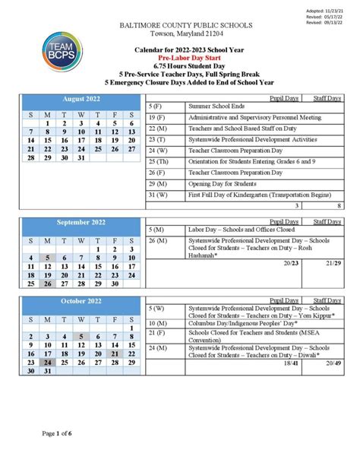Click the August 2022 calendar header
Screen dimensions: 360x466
[x=81, y=100]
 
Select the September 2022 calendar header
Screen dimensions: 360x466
[x=81, y=223]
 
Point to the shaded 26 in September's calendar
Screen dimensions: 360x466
[x=46, y=284]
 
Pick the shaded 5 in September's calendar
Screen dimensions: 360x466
[x=46, y=258]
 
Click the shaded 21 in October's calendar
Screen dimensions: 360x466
[x=115, y=353]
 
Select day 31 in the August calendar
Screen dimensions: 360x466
[x=81, y=159]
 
